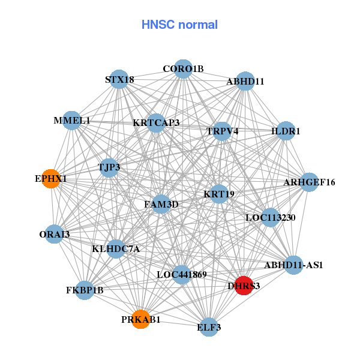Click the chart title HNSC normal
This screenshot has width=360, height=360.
click(x=179, y=25)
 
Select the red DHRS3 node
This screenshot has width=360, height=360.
click(x=243, y=285)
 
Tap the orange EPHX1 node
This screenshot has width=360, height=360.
click(x=51, y=179)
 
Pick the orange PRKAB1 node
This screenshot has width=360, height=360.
click(x=141, y=318)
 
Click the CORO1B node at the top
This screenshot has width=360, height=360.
click(x=183, y=69)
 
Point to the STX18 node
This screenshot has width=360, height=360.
click(x=119, y=79)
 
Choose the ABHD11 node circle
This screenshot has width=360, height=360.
click(x=245, y=81)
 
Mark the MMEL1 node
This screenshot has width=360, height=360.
click(x=72, y=121)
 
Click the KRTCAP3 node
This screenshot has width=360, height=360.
click(x=156, y=123)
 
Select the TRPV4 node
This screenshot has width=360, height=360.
click(x=222, y=131)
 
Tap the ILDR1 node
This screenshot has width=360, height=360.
click(x=286, y=131)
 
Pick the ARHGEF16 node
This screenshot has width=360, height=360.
click(x=309, y=182)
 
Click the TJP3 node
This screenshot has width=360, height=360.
click(x=109, y=167)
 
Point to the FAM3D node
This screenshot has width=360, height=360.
click(x=161, y=205)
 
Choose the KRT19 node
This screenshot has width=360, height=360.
click(x=219, y=194)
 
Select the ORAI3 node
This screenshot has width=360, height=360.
click(x=55, y=234)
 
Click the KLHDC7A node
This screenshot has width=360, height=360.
click(x=116, y=248)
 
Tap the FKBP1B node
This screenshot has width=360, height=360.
click(x=85, y=290)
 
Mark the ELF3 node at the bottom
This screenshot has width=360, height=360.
click(x=209, y=327)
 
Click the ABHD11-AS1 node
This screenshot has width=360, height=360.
click(x=293, y=265)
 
